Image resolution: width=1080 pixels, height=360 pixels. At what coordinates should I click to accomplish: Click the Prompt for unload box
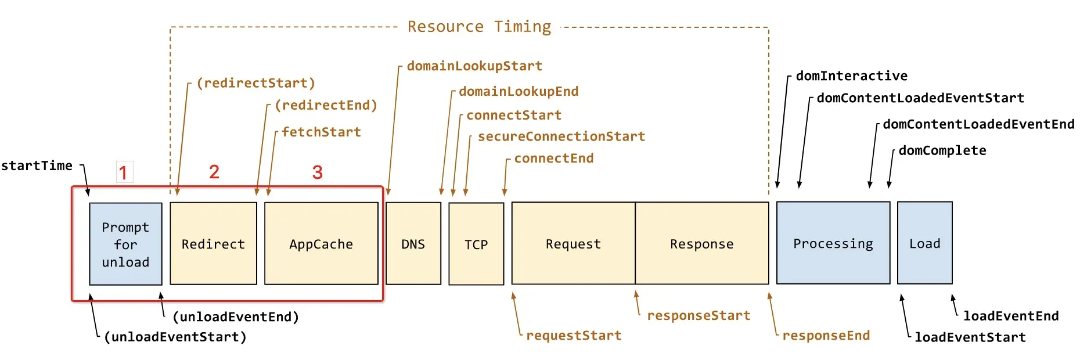coord(125,244)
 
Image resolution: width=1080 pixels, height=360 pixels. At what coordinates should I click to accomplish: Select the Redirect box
coord(213,243)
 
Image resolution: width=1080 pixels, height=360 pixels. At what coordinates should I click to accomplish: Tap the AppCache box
coord(321,243)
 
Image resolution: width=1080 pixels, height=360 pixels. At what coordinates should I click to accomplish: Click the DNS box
coord(413,243)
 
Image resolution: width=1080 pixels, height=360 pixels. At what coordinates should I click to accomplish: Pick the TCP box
coord(476,244)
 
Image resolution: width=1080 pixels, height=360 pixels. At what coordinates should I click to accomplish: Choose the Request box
coord(574,243)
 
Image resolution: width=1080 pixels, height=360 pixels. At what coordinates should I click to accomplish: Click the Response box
coord(702,243)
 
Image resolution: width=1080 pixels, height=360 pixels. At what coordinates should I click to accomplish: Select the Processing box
coord(833,243)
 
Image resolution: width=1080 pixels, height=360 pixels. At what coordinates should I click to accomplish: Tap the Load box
coord(925,243)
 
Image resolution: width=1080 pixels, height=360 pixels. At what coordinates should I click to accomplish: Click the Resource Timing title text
coord(479,27)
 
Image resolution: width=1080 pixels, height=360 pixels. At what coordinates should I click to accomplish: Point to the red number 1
coord(123,172)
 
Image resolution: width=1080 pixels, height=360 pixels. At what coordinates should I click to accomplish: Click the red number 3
coord(317,172)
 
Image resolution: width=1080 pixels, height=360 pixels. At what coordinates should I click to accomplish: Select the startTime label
coord(37,166)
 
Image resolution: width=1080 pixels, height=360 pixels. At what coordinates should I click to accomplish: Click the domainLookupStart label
coord(474,66)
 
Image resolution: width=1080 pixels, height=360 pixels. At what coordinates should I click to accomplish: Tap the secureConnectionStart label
coord(561,136)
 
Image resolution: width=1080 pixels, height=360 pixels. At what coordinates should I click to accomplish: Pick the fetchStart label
coord(321,132)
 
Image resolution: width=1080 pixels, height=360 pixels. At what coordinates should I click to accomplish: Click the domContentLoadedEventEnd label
coord(978,124)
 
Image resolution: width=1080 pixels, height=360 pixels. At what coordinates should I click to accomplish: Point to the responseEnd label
coord(826,336)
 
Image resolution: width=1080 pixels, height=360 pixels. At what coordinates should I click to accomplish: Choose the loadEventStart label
coord(970,337)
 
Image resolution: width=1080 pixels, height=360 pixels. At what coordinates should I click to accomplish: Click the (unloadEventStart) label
coord(175,337)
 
